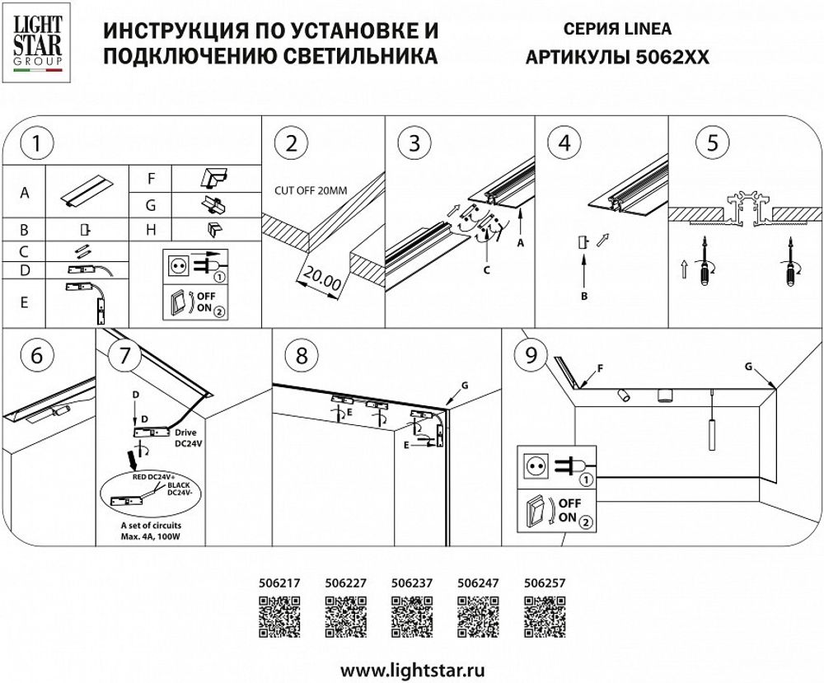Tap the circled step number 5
[x=712, y=142]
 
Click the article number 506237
[x=410, y=582]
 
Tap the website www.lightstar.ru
[x=412, y=665]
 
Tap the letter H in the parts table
[x=152, y=230]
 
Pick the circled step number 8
[x=301, y=355]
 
